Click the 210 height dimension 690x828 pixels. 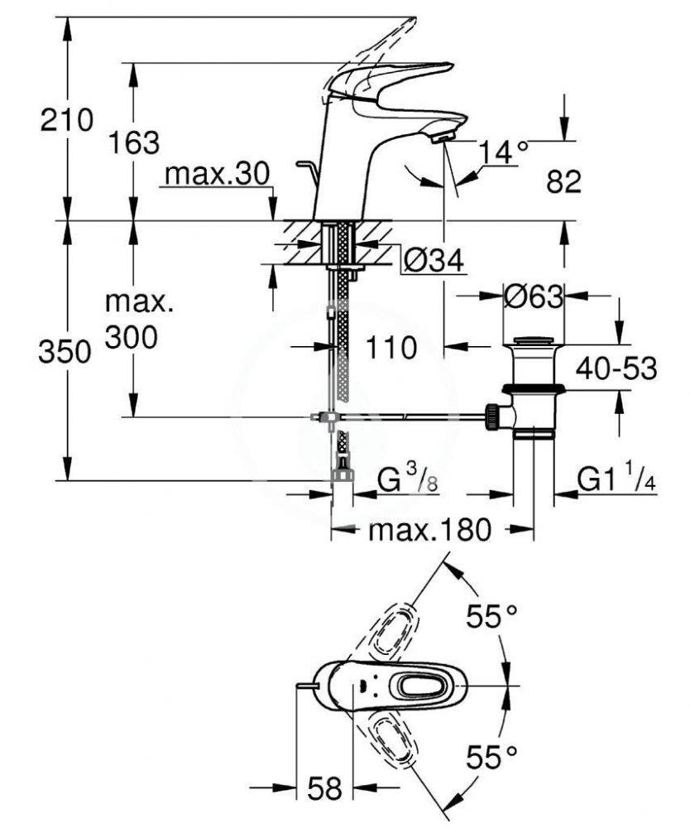68,121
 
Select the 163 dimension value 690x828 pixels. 135,142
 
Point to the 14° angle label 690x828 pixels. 504,152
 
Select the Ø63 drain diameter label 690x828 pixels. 534,296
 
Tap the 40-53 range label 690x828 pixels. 616,368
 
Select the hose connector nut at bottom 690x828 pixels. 341,474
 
